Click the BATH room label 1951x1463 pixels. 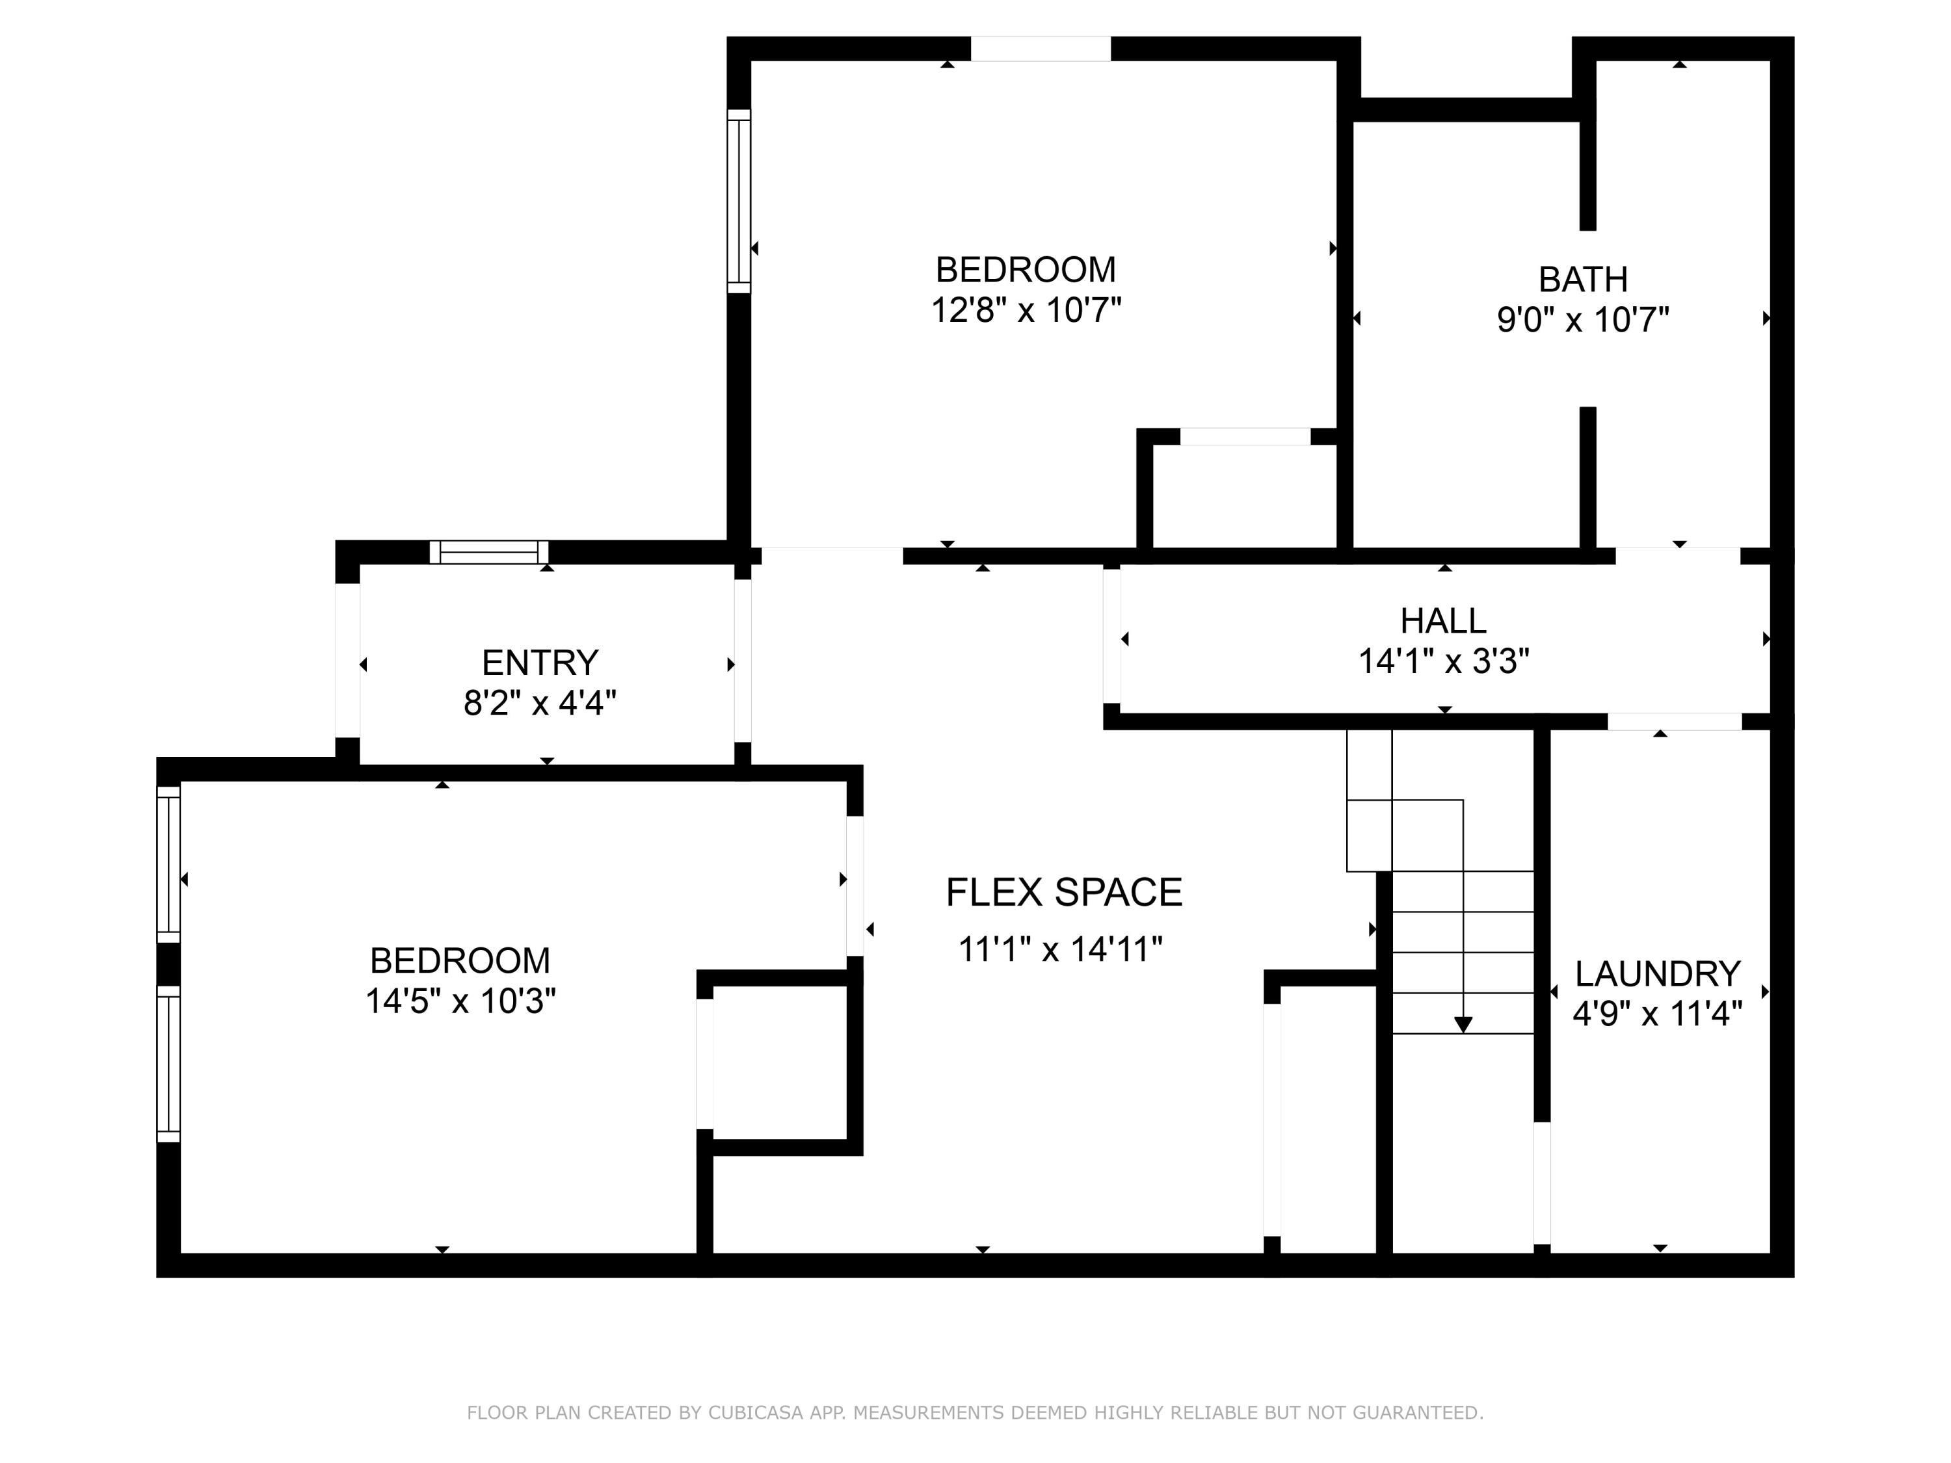tap(1582, 280)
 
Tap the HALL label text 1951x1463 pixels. tap(1443, 622)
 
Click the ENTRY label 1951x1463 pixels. tap(540, 663)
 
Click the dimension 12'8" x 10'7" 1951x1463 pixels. tap(1026, 310)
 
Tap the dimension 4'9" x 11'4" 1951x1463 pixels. tap(1657, 1014)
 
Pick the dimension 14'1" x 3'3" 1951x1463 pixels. tap(1443, 661)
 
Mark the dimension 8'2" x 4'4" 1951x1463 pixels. tap(540, 704)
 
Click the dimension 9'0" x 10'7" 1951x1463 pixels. tap(1582, 319)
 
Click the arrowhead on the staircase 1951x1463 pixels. tap(1463, 1025)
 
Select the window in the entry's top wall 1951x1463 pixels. tap(488, 553)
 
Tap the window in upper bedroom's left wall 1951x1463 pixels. tap(739, 201)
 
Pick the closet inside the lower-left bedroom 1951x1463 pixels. tap(780, 1062)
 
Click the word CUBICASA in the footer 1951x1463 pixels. tap(756, 1413)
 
